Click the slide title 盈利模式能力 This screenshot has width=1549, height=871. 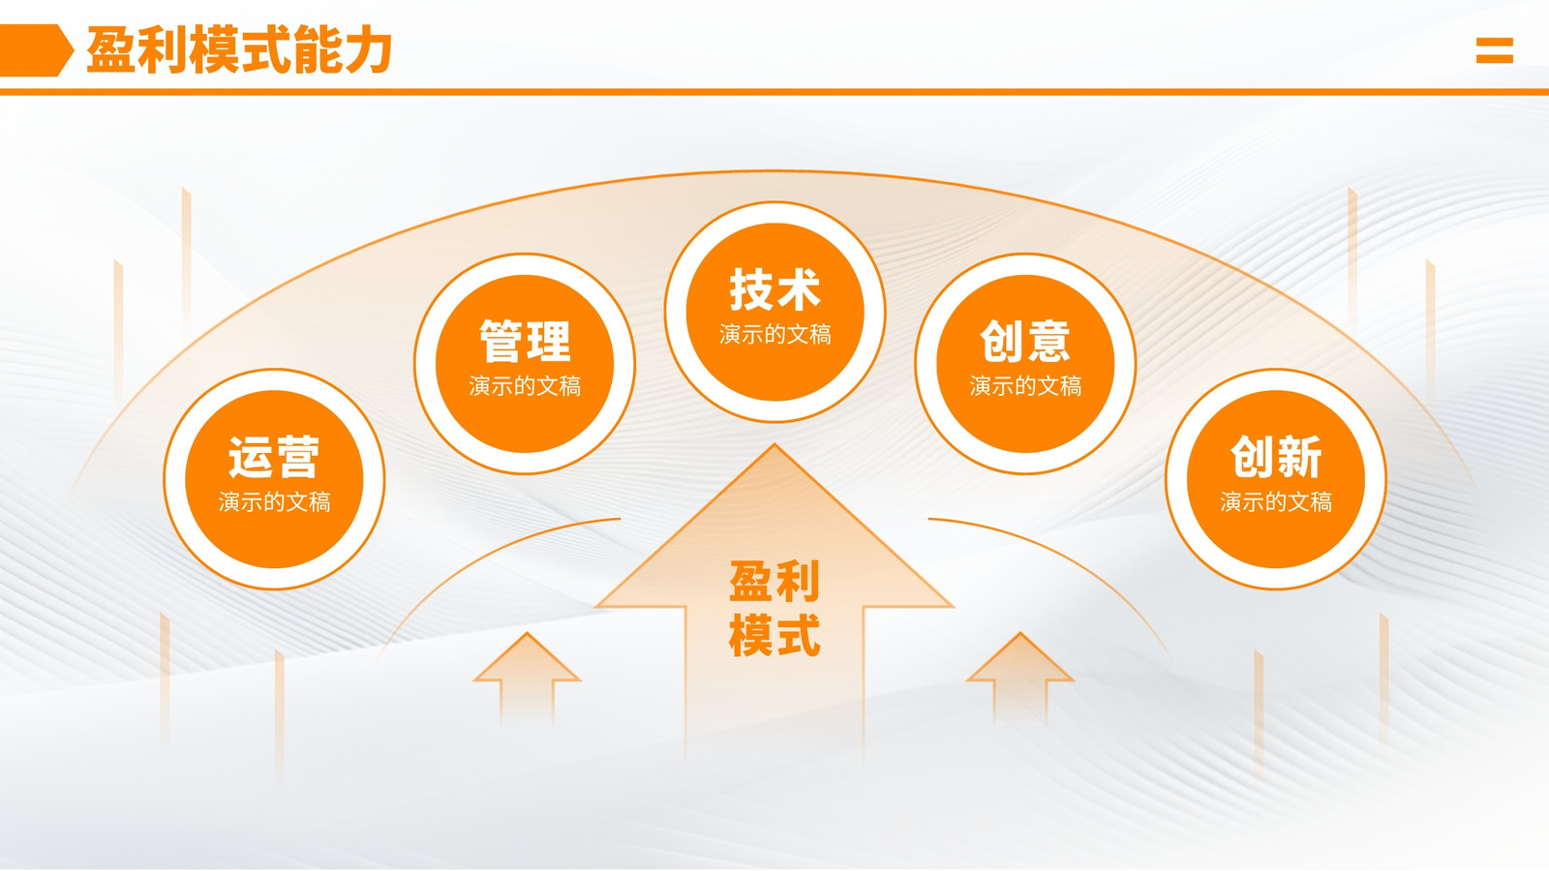tap(239, 49)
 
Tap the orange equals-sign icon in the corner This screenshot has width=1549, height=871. tap(1495, 50)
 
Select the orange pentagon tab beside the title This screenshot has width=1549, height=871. tap(36, 49)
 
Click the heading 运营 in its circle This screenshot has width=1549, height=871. tap(274, 457)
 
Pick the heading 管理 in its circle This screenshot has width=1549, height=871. tap(525, 342)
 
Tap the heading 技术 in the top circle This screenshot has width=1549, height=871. tap(775, 289)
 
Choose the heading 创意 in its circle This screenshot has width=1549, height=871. tap(1025, 342)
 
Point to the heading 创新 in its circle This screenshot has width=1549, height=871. tap(1276, 457)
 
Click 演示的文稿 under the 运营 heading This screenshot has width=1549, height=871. tap(275, 502)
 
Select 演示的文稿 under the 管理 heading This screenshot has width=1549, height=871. tap(525, 386)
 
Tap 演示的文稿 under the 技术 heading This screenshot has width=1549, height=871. tap(775, 335)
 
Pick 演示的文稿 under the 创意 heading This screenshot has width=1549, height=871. tap(1025, 386)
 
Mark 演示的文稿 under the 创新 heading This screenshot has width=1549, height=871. tap(1276, 502)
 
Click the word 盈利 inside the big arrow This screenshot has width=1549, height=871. tap(774, 582)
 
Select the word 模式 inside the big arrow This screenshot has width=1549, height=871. tap(774, 635)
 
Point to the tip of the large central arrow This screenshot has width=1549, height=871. tap(774, 444)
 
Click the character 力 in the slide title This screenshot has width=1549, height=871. tap(369, 49)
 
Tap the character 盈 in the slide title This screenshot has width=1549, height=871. tap(110, 49)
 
